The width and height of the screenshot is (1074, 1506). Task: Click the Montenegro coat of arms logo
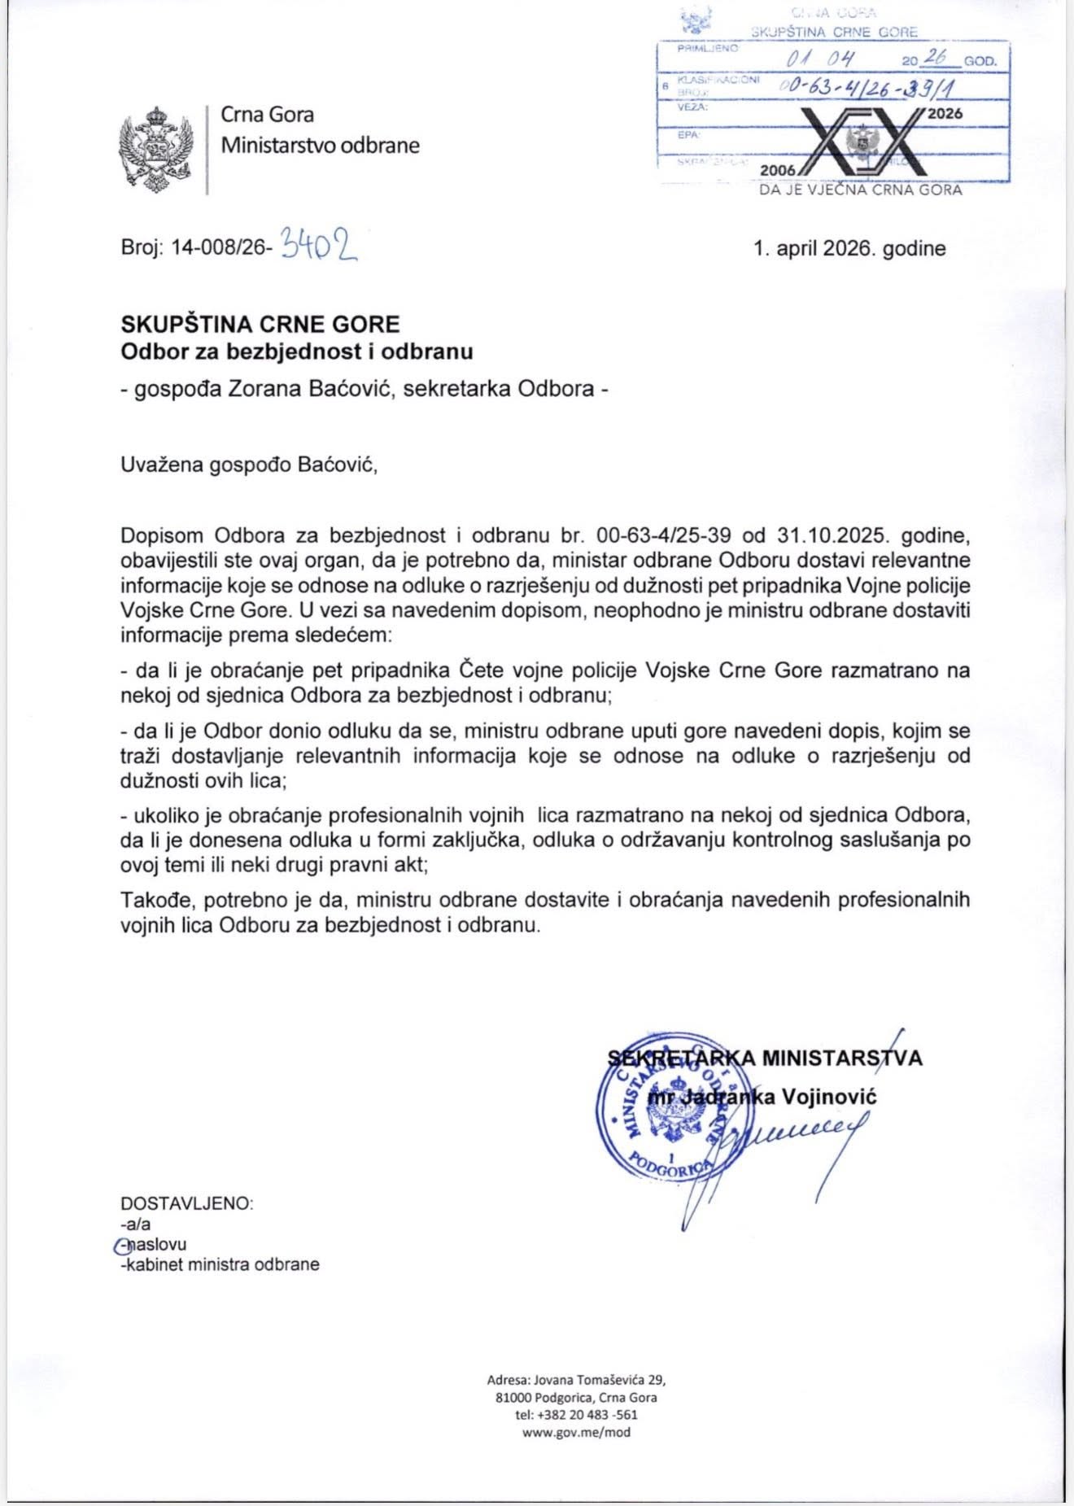158,150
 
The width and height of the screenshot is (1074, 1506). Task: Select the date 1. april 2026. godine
849,248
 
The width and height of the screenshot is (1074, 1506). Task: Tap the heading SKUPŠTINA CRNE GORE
260,324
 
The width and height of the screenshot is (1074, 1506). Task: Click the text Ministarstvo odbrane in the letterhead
321,146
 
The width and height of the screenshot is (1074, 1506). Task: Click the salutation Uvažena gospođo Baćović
249,465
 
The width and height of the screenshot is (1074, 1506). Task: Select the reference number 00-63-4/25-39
663,535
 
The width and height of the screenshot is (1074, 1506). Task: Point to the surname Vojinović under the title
829,1096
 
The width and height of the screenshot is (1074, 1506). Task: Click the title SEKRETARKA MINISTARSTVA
765,1058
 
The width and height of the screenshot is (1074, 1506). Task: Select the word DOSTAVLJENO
187,1203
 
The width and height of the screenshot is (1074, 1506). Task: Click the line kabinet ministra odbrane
220,1264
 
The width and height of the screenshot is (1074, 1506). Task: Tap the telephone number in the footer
576,1414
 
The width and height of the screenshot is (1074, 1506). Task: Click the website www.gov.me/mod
576,1432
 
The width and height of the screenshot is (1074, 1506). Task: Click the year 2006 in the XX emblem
778,170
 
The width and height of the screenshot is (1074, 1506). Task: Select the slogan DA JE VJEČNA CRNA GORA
860,190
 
